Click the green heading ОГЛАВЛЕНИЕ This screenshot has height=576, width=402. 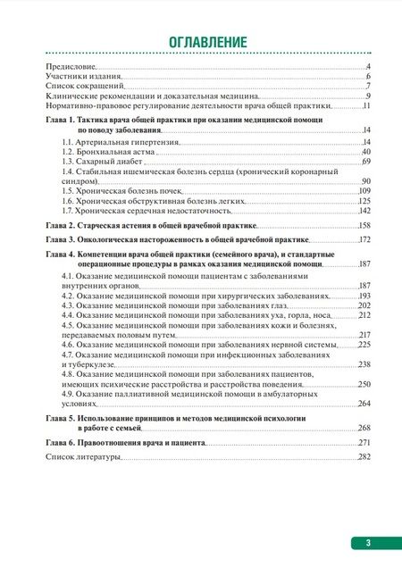point(200,42)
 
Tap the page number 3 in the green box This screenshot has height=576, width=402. point(368,542)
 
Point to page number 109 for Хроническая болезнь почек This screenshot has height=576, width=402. point(364,191)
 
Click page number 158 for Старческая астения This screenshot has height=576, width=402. point(364,226)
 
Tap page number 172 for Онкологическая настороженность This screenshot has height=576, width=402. point(364,240)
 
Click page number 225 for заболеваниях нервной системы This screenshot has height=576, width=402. point(364,345)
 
